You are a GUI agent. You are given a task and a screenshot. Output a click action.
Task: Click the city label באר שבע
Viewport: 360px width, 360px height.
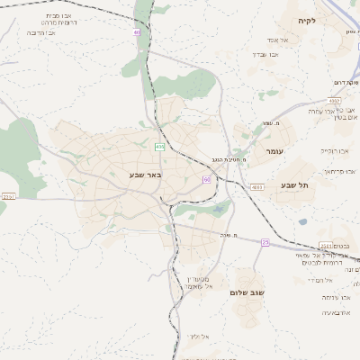[x=145, y=174]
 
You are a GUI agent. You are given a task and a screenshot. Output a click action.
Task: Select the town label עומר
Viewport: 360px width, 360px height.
[x=274, y=151]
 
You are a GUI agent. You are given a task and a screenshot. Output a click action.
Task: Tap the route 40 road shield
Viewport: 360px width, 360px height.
[x=137, y=32]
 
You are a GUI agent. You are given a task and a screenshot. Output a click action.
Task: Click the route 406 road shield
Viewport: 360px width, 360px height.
[x=159, y=146]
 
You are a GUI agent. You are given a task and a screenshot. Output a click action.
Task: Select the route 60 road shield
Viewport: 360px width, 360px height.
[x=207, y=179]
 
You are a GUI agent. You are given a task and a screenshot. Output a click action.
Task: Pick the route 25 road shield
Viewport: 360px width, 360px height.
[x=265, y=242]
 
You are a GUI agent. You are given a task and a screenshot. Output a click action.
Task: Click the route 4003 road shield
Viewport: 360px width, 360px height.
[x=256, y=187]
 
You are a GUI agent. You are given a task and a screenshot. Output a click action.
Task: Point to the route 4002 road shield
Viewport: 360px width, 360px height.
[x=335, y=101]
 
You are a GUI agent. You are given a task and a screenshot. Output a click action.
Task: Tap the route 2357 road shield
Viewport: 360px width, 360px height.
[x=9, y=195]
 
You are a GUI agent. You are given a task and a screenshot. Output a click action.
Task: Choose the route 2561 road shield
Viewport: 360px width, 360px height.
[x=326, y=246]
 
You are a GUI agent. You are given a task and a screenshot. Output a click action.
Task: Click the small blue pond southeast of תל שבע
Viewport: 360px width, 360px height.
[x=303, y=221]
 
